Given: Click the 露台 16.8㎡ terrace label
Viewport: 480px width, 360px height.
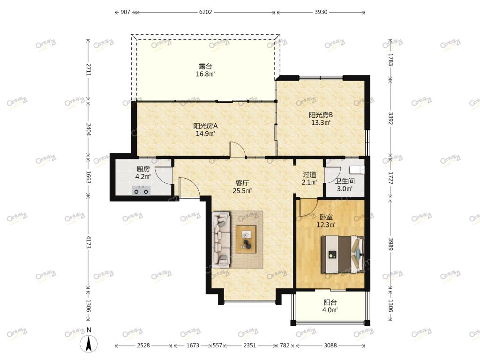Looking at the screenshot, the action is click(205, 70).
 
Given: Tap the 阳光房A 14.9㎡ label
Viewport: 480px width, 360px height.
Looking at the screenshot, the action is click(205, 129).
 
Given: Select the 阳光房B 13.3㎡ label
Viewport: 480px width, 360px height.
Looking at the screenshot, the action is click(321, 119).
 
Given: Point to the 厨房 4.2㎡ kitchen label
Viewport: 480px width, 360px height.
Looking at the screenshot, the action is click(143, 172).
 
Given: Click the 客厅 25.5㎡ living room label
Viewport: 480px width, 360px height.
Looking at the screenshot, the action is click(242, 187).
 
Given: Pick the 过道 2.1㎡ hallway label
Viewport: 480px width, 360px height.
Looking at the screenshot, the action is click(309, 179).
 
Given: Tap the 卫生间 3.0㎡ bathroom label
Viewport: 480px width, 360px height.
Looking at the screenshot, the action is click(345, 185).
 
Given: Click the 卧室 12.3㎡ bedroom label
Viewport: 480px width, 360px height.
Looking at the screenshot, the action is click(326, 221).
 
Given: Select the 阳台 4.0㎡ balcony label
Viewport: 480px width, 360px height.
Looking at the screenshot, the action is click(330, 306).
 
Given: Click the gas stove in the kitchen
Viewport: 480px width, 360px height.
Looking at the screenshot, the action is click(141, 190).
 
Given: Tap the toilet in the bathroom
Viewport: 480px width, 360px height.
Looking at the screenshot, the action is click(357, 170).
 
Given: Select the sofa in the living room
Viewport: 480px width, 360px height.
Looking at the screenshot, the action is click(221, 239).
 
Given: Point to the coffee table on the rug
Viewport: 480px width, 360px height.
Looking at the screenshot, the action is click(246, 240).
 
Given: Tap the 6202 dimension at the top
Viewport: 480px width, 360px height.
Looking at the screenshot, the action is click(205, 12).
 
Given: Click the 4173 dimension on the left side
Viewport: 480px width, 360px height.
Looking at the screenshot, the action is click(89, 242).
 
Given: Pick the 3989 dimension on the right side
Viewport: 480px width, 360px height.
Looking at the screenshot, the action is click(390, 244).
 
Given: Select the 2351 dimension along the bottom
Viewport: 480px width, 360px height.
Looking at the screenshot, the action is click(249, 345).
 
